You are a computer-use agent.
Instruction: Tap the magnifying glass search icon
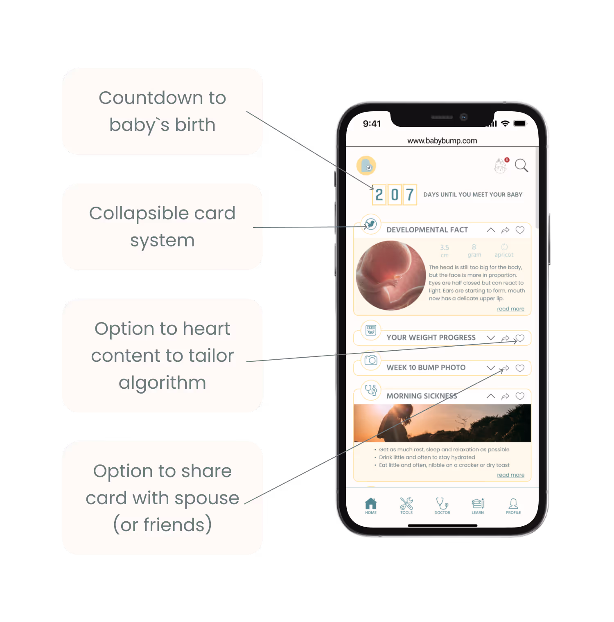click(521, 165)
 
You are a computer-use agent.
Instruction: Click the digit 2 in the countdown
click(379, 195)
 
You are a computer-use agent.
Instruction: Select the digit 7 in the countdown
click(410, 195)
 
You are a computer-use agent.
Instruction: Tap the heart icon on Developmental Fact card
click(520, 230)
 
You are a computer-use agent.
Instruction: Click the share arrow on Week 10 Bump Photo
click(506, 368)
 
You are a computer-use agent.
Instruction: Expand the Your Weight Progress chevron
click(491, 338)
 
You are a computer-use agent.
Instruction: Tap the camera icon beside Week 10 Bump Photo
click(371, 360)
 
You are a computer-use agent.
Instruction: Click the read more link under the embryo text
click(510, 309)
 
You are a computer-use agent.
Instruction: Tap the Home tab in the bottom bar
click(371, 506)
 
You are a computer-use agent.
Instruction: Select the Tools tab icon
click(406, 506)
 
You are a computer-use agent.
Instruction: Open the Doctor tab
click(442, 506)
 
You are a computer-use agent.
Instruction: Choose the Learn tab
click(478, 506)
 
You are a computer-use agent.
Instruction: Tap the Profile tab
click(513, 506)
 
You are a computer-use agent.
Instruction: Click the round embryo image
click(391, 275)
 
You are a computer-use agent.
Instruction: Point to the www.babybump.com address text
click(442, 141)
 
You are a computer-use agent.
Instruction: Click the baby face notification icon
click(501, 166)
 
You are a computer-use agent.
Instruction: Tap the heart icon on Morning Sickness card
click(520, 396)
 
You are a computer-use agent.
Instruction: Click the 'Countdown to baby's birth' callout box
click(163, 111)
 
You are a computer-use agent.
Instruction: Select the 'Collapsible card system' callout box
click(163, 227)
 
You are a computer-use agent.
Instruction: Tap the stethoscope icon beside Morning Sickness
click(371, 390)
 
